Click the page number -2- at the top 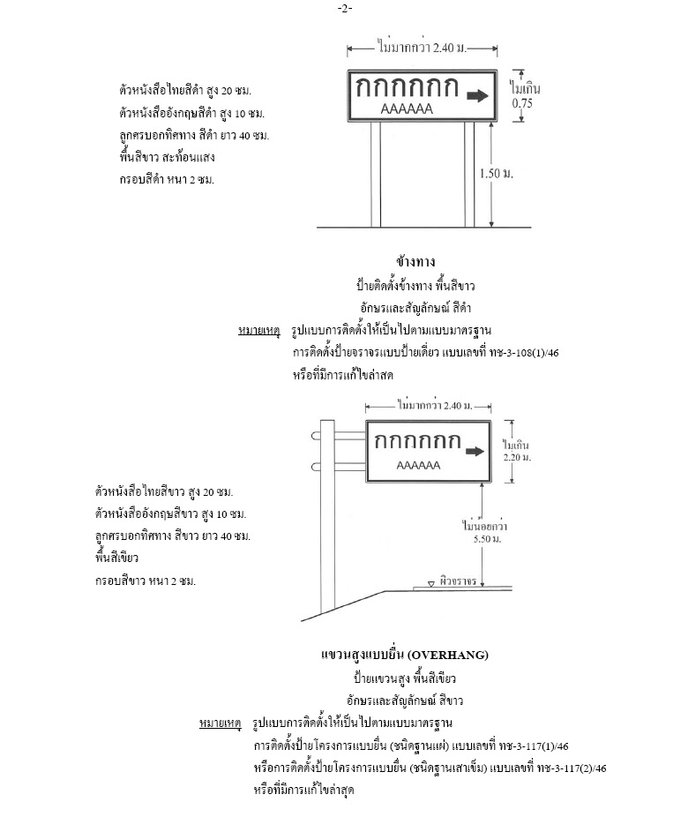pyautogui.click(x=344, y=9)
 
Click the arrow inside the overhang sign pyautogui.click(x=474, y=452)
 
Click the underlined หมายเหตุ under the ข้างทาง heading pyautogui.click(x=258, y=331)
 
